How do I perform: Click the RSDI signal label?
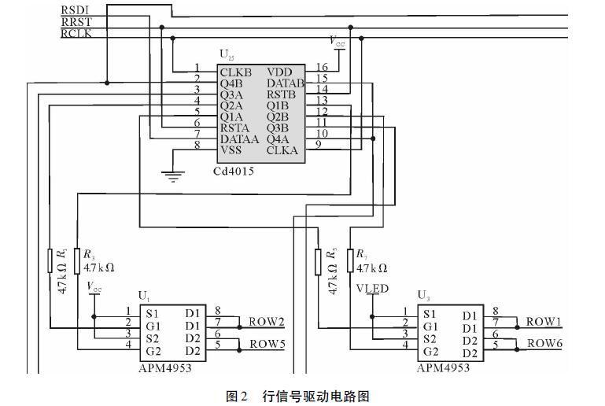76,9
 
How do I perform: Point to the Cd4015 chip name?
234,171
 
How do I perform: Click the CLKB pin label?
236,72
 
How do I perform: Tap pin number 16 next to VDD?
322,68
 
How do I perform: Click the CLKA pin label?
282,149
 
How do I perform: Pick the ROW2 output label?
267,322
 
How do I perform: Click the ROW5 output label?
267,344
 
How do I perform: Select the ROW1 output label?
544,321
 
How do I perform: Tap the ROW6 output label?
544,343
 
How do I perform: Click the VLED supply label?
372,289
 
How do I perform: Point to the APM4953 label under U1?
164,367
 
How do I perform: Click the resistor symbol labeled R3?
78,260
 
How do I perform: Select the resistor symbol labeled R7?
349,260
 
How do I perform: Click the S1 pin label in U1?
153,312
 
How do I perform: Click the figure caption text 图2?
237,396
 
